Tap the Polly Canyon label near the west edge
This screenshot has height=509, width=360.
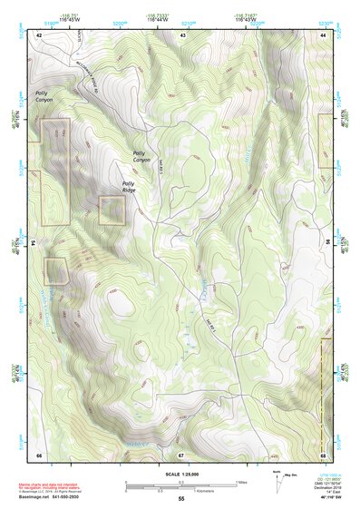(x=44, y=97)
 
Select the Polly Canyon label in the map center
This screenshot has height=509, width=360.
(x=144, y=157)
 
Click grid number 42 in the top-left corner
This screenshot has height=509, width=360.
(x=39, y=34)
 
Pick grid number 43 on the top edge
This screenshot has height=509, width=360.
(x=183, y=34)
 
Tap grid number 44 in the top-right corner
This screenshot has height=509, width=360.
(x=324, y=34)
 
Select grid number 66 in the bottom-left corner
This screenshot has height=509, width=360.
(x=39, y=453)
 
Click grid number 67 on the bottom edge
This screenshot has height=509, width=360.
(x=181, y=453)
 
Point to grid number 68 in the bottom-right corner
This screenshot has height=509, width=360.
(x=324, y=453)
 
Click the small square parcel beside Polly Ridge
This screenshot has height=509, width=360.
(x=112, y=210)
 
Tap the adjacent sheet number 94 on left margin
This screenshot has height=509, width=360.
(x=32, y=243)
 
